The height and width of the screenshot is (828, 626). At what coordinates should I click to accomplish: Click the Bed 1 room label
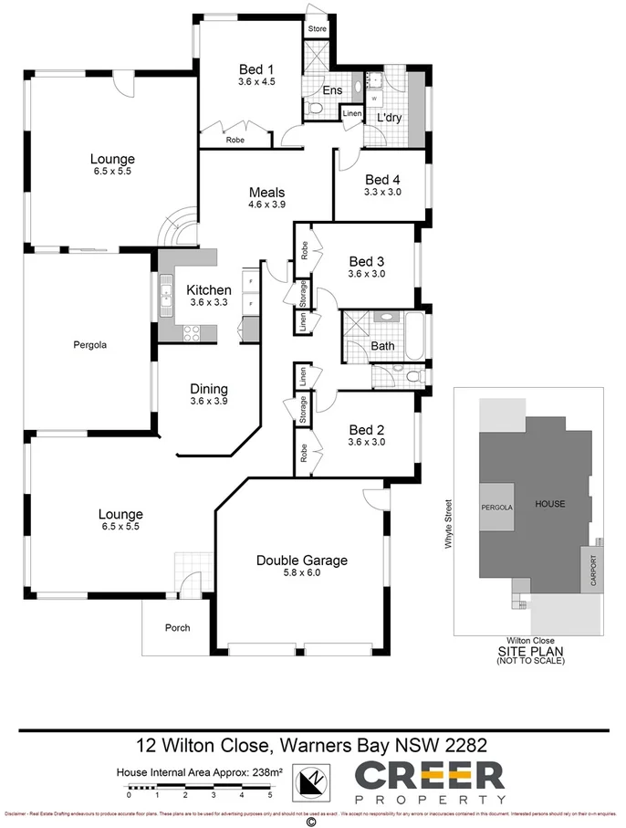click(256, 69)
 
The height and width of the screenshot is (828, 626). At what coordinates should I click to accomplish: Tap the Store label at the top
click(317, 29)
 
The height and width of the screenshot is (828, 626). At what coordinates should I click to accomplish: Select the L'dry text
click(389, 117)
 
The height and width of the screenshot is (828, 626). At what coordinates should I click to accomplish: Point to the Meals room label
click(266, 193)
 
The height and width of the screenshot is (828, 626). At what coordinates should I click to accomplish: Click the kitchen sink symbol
click(167, 294)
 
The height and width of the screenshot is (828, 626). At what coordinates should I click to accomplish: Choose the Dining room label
click(208, 387)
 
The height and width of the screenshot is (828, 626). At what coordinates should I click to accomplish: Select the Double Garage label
click(301, 560)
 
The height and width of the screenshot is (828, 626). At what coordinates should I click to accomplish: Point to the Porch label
click(176, 627)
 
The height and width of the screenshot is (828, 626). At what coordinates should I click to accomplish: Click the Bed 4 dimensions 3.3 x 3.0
click(381, 193)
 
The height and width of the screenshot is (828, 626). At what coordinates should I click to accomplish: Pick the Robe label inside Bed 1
click(235, 140)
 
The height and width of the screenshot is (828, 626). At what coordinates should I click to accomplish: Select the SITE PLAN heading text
click(530, 651)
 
